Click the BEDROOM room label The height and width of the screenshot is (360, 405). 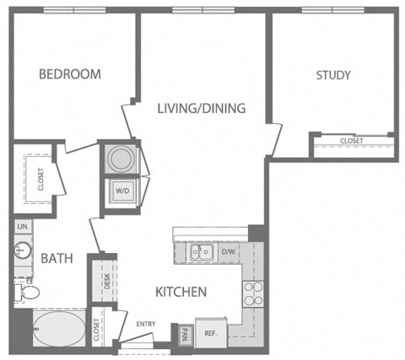tap(69, 75)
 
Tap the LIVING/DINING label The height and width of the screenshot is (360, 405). tap(201, 109)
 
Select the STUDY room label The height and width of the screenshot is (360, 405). tap(333, 76)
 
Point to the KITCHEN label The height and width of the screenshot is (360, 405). tap(181, 293)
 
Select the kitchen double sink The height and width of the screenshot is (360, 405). tap(201, 250)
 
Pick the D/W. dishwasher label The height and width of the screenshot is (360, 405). tap(229, 250)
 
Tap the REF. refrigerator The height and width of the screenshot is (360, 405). tap(211, 334)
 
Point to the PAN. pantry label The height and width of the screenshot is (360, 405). tap(184, 335)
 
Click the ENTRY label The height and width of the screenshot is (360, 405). tap(146, 324)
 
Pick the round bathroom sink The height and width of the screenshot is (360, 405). tap(22, 251)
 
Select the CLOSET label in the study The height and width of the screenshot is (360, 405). tap(351, 141)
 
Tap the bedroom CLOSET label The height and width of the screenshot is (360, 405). tap(40, 180)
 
